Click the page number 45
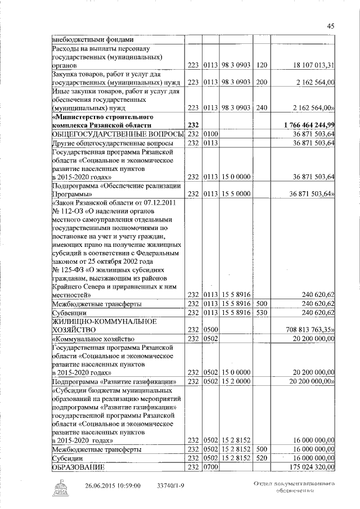point(331,25)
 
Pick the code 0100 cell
point(210,134)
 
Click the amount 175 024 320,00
point(310,467)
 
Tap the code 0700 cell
point(210,467)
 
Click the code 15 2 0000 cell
point(235,382)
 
